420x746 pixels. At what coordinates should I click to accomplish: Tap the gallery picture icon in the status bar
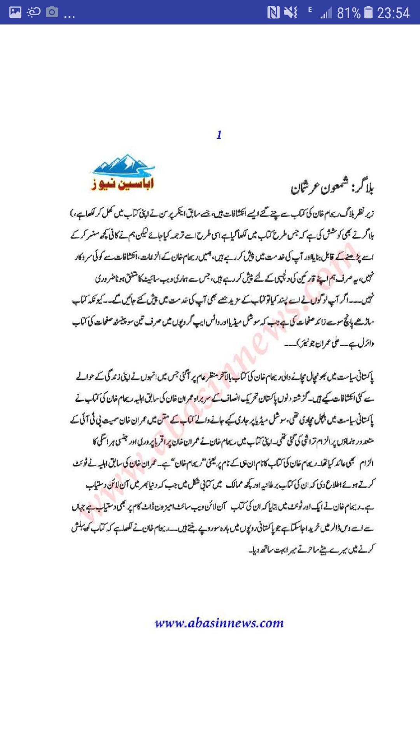pos(15,12)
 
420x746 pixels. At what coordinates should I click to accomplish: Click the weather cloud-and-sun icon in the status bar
pos(33,12)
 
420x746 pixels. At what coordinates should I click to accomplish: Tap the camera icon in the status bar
pos(52,12)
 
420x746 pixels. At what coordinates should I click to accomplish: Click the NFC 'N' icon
pos(273,13)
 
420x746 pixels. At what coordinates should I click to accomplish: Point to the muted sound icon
pos(290,13)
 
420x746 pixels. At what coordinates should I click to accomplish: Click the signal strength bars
pos(326,14)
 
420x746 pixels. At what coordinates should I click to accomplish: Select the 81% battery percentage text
pos(348,13)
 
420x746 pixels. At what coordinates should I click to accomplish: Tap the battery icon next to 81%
pos(368,13)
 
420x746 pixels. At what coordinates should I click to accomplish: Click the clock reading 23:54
pos(393,13)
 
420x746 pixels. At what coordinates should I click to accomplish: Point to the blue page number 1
pos(219,135)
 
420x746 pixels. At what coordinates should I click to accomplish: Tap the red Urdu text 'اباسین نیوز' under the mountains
pos(122,183)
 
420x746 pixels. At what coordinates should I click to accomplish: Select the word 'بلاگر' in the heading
pos(362,188)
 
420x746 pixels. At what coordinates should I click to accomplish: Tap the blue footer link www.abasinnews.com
pos(219,623)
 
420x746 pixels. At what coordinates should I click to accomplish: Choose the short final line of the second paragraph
pos(311,550)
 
